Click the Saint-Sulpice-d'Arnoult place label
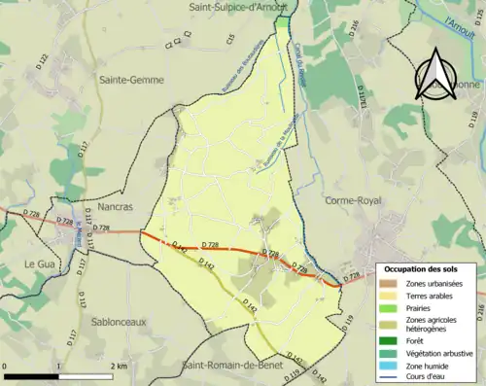(x=238, y=7)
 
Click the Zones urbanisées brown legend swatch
(x=395, y=283)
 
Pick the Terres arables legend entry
(x=434, y=296)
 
